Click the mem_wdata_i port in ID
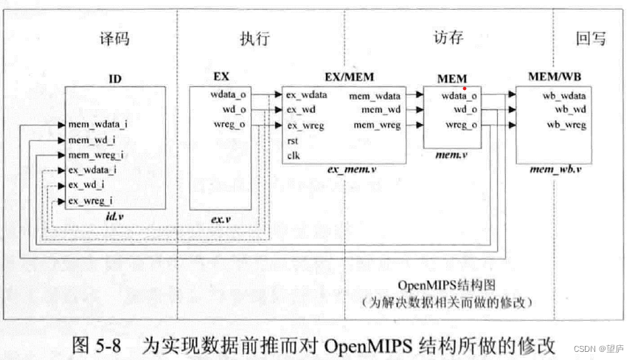(x=97, y=125)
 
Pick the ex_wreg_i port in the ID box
(x=91, y=201)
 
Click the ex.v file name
(x=222, y=219)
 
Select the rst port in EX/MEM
(x=294, y=140)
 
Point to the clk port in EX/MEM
(x=294, y=155)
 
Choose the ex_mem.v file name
(x=352, y=170)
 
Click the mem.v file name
(x=450, y=155)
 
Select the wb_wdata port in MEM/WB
(x=566, y=96)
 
